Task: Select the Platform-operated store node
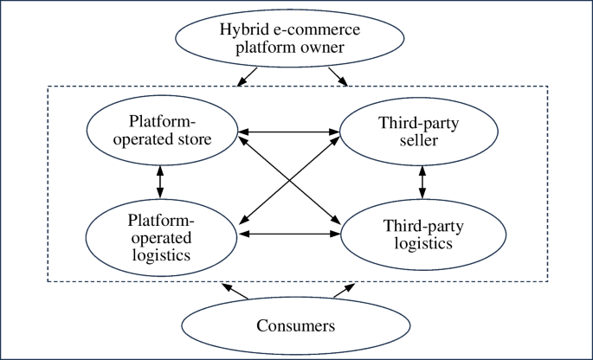click(161, 131)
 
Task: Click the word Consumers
click(296, 326)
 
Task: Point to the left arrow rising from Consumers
click(235, 291)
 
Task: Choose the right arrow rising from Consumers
click(344, 291)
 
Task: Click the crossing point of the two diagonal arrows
click(289, 183)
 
